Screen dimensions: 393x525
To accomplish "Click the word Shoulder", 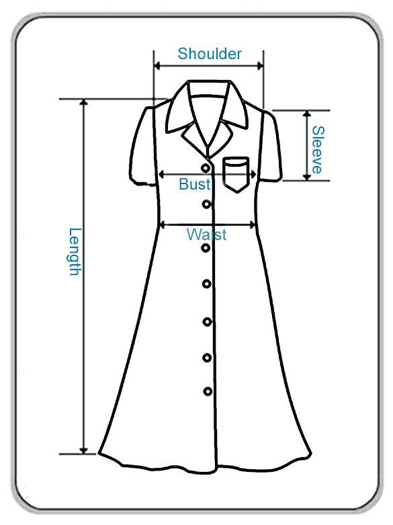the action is click(x=210, y=54).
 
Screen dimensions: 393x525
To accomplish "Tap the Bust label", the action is click(x=195, y=184).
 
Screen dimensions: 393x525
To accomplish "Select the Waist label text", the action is click(x=206, y=235).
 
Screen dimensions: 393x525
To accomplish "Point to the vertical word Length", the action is click(x=75, y=252).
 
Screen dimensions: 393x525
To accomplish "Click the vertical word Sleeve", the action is click(x=318, y=150).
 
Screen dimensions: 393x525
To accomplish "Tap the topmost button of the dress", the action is click(x=206, y=167).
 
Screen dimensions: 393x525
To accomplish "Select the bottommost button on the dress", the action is click(x=208, y=391).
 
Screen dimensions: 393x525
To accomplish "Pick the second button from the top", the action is click(x=206, y=204).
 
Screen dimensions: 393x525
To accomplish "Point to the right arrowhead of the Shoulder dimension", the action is click(x=260, y=66).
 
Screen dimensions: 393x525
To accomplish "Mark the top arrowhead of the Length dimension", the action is click(x=84, y=102).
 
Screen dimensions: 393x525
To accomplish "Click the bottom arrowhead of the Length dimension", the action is click(x=84, y=450).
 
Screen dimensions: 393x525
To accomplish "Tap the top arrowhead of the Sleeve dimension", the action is click(x=307, y=114).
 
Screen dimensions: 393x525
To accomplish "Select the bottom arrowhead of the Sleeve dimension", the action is click(x=307, y=177).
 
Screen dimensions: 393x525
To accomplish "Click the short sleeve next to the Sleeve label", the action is click(x=271, y=147).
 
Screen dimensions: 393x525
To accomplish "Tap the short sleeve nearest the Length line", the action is click(x=143, y=147).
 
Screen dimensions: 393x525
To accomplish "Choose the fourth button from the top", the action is click(x=206, y=284).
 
